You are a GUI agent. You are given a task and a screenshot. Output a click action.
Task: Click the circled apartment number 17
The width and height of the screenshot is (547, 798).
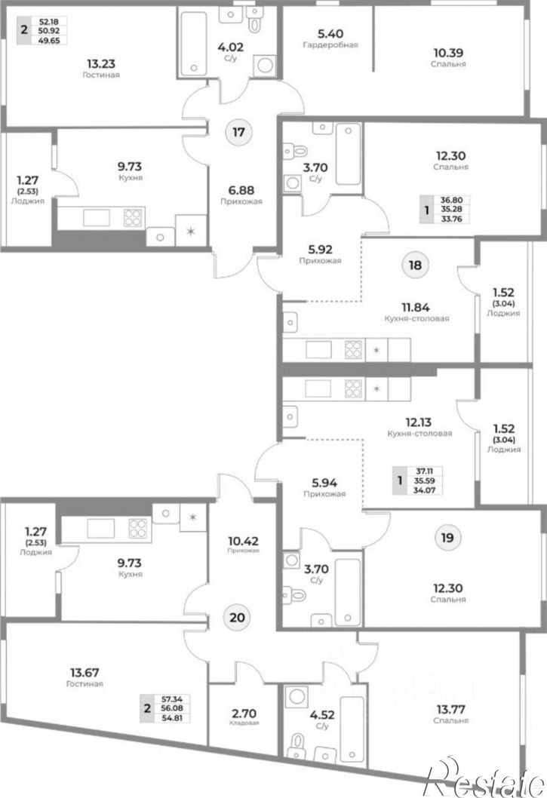click(238, 132)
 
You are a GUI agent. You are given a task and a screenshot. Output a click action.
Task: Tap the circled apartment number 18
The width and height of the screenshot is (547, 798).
click(415, 265)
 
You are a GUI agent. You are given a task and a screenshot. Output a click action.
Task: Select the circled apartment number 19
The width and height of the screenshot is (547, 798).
click(447, 538)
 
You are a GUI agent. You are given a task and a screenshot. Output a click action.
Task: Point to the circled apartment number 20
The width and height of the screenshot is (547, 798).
click(238, 618)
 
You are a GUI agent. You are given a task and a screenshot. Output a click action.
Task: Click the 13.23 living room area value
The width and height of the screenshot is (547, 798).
click(101, 63)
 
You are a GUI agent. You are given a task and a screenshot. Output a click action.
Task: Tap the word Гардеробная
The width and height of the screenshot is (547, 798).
click(330, 45)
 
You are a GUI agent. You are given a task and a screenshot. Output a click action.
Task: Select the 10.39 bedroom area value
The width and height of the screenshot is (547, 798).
click(448, 53)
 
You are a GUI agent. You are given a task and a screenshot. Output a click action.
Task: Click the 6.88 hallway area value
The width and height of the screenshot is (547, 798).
click(241, 190)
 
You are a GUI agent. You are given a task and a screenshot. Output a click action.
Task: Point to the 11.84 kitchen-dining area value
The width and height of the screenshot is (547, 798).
click(416, 308)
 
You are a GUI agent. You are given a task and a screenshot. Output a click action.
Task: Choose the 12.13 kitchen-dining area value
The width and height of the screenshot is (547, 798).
click(419, 422)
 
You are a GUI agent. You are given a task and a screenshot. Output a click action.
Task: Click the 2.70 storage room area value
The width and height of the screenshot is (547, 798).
click(244, 714)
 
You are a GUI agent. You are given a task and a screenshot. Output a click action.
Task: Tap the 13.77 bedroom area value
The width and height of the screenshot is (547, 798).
click(450, 709)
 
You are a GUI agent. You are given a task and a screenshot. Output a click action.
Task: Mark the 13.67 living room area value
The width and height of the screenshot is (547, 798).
click(85, 673)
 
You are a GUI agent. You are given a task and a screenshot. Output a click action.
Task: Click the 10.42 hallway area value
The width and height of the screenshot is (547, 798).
click(243, 541)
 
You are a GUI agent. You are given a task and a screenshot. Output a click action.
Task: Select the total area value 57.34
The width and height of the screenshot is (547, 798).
click(171, 699)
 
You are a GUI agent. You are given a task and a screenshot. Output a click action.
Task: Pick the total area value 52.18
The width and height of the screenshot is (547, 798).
click(49, 21)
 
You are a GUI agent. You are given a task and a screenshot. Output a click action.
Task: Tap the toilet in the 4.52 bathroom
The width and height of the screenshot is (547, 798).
click(297, 745)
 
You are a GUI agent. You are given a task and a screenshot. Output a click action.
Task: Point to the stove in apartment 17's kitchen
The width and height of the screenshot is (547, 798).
click(133, 218)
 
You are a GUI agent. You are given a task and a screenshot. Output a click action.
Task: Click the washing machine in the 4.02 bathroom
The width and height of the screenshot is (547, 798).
click(265, 65)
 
